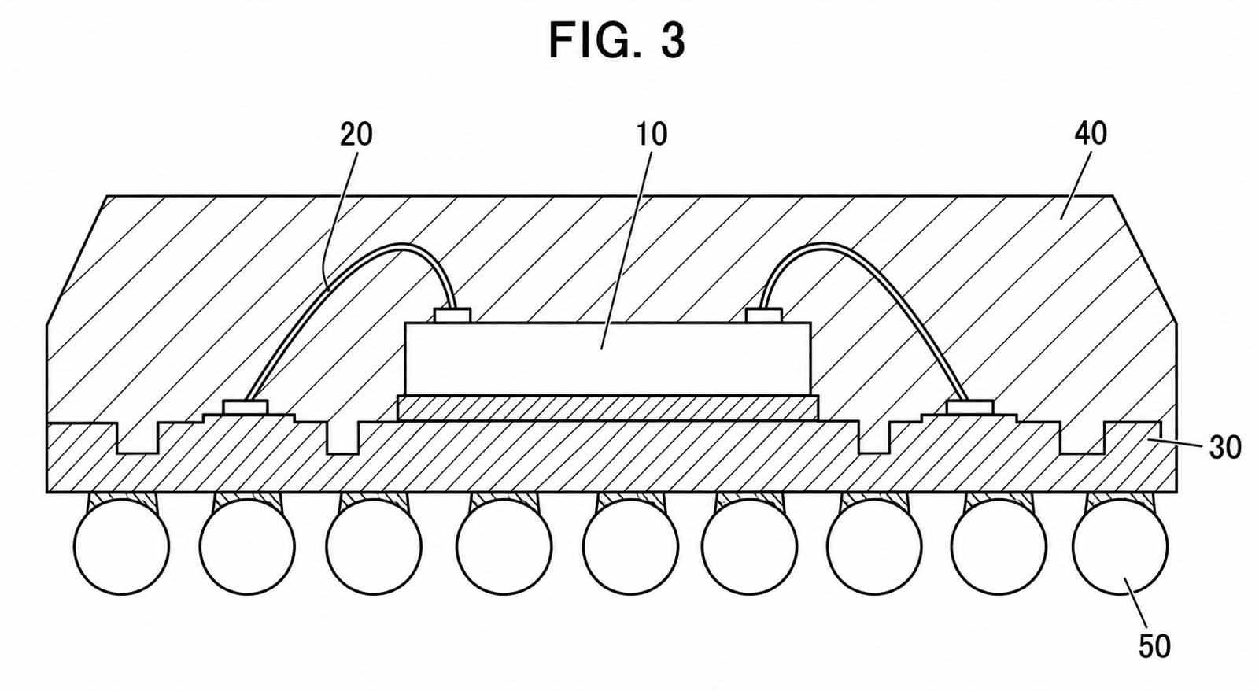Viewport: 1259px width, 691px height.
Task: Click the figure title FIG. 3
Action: tap(617, 41)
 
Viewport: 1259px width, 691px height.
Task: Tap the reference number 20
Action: tap(356, 135)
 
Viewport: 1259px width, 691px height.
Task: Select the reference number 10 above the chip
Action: tap(652, 135)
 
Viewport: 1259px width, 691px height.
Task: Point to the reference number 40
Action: tap(1091, 134)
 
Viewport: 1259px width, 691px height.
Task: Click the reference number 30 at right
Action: tap(1225, 448)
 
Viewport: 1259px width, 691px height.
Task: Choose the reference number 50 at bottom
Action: tap(1154, 647)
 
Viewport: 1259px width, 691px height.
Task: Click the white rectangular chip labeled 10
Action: tap(607, 358)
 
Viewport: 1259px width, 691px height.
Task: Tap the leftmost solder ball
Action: tap(121, 546)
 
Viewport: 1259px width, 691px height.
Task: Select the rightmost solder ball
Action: tap(1121, 546)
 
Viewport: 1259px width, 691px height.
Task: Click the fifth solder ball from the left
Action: tap(630, 546)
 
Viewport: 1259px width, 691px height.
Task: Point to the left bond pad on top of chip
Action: tap(452, 316)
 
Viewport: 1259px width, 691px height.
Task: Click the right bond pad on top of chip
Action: tap(763, 316)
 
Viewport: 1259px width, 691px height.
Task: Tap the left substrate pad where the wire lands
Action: tap(245, 407)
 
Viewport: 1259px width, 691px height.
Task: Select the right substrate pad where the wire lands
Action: tap(970, 407)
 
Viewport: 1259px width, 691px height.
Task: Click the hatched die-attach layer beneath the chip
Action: tap(607, 408)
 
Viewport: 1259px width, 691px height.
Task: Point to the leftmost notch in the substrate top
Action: tap(138, 438)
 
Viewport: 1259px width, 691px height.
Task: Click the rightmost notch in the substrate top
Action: tap(1082, 438)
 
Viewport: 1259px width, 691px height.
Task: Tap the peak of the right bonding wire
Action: tap(821, 244)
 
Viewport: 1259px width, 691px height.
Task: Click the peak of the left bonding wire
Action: tap(402, 245)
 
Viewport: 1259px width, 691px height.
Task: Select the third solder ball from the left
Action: tap(374, 546)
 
